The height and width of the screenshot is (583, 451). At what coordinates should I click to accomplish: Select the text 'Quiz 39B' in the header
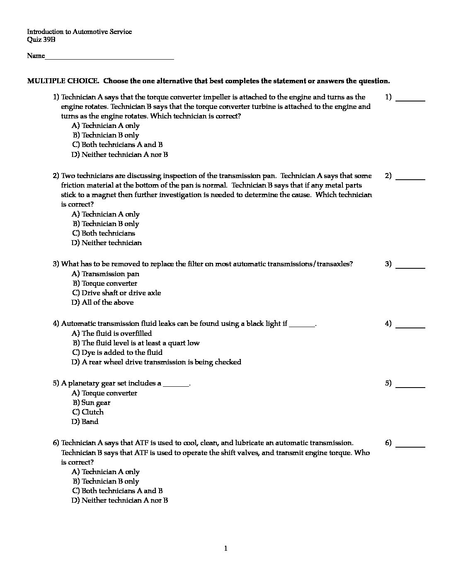[41, 40]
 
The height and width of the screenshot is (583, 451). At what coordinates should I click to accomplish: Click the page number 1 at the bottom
[225, 549]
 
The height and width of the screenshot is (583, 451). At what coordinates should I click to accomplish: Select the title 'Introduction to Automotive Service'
[79, 32]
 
